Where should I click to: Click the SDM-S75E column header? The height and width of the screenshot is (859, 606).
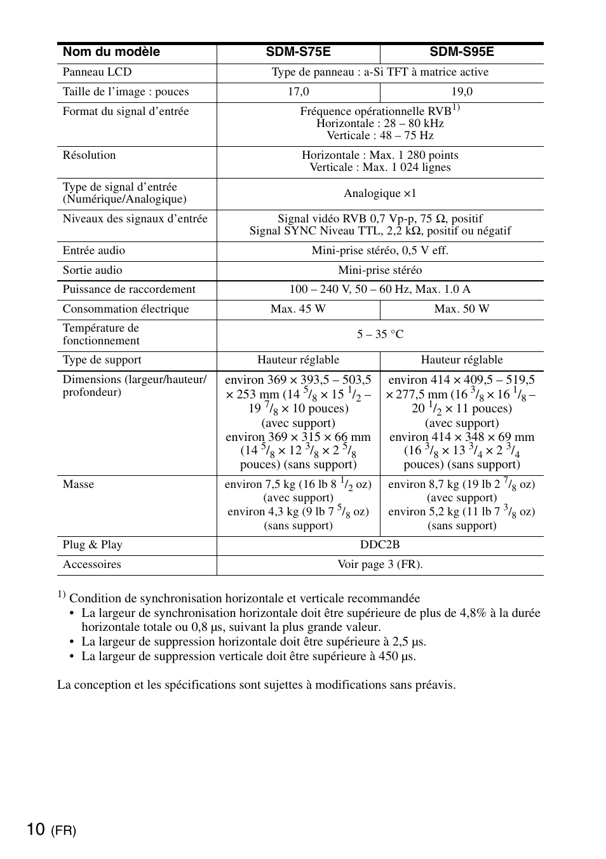(x=298, y=52)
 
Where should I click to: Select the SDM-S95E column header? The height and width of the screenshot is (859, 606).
(x=461, y=52)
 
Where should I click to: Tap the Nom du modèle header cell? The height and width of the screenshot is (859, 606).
(x=111, y=52)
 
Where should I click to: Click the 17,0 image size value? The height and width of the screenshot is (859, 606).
(x=298, y=92)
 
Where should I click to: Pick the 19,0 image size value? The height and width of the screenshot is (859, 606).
(x=462, y=92)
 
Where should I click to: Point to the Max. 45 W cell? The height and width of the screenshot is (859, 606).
(x=298, y=309)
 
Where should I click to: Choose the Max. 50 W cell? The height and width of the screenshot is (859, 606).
(x=462, y=309)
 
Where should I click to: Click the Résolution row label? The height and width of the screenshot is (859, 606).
(x=89, y=156)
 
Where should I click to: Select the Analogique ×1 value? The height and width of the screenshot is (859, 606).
(x=380, y=194)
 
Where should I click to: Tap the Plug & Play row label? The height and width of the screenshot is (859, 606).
(x=92, y=545)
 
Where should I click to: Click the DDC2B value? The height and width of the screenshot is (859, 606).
(x=380, y=545)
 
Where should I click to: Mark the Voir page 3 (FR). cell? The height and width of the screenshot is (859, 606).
(x=380, y=565)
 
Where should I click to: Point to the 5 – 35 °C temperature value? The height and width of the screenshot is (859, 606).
(x=380, y=335)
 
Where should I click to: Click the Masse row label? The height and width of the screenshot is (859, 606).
(x=78, y=485)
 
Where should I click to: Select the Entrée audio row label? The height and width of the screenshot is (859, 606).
(x=93, y=251)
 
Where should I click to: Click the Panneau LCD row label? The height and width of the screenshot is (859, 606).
(x=97, y=72)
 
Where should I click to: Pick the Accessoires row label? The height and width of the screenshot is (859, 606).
(x=91, y=565)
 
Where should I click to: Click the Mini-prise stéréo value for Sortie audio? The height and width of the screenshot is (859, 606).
(x=380, y=271)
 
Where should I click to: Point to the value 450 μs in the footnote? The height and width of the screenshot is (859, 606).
(x=397, y=656)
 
